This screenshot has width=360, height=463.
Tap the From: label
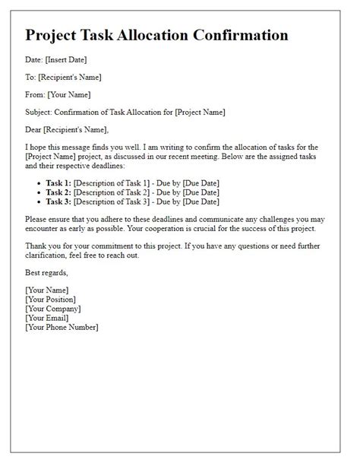(36, 94)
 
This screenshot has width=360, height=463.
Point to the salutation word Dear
(36, 129)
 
